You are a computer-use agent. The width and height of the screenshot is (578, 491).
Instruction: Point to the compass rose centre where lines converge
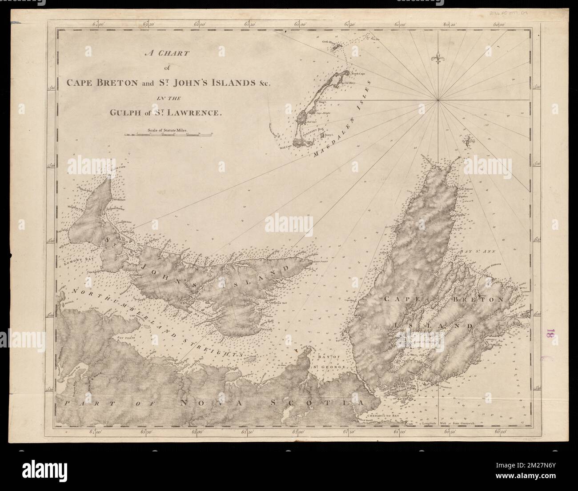[x=438, y=100]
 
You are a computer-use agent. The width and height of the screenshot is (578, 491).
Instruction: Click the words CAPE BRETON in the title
[x=95, y=83]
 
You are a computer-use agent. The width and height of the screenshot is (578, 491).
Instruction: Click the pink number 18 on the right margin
[x=551, y=334]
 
